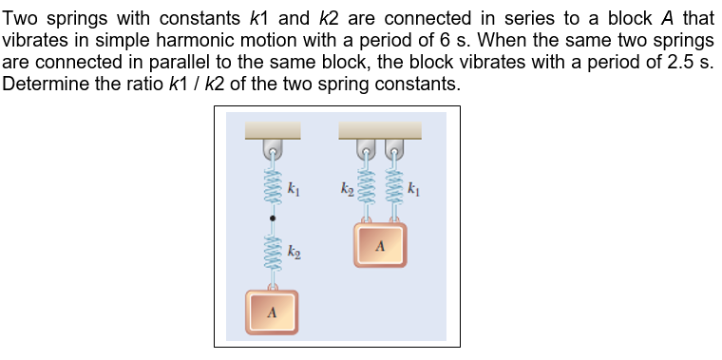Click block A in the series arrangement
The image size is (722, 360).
coord(273,311)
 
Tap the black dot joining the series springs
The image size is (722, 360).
coord(273,218)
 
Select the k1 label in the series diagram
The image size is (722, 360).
coord(294,189)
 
